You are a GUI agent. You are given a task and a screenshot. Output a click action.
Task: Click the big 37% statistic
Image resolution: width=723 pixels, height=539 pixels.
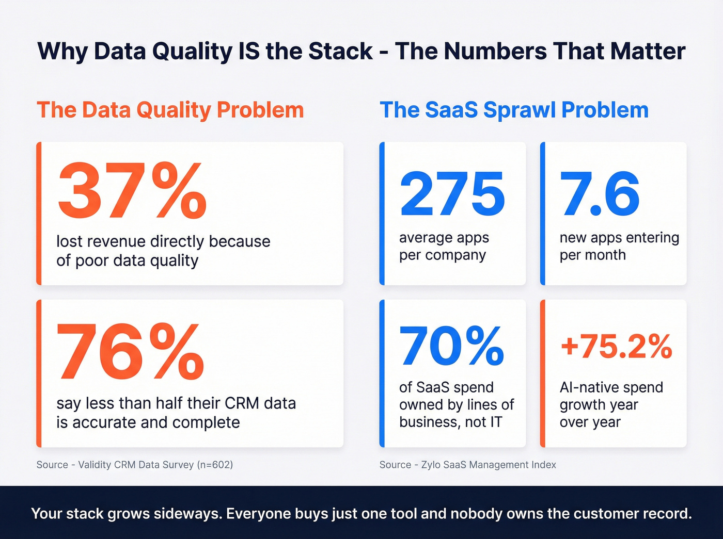132,191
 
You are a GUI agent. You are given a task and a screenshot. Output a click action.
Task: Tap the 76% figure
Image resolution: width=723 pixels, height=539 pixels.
130,352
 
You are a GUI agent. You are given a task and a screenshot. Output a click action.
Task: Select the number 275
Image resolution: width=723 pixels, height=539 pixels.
452,194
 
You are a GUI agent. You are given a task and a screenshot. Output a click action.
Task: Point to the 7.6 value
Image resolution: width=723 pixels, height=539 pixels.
600,194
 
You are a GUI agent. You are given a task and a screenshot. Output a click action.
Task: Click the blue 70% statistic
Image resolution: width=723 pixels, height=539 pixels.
451,346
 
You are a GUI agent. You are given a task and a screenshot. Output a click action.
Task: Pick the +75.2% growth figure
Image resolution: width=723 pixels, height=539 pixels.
616,346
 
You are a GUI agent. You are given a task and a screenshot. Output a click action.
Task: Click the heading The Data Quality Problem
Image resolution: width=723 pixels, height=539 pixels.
170,110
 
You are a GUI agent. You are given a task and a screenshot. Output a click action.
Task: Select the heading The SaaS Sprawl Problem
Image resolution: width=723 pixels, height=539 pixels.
514,110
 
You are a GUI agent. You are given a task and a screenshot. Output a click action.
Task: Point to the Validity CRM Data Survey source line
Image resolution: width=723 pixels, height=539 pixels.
135,465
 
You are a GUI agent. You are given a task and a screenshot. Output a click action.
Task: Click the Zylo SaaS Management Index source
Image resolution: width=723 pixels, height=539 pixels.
468,465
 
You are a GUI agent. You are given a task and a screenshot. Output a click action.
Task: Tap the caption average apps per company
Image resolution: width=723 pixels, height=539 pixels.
443,247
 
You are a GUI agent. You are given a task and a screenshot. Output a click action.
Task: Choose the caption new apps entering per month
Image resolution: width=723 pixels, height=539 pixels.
619,247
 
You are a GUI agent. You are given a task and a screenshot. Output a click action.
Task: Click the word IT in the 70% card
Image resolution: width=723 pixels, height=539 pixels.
496,422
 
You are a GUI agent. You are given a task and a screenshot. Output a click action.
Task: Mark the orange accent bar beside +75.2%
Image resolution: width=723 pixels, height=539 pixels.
542,373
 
